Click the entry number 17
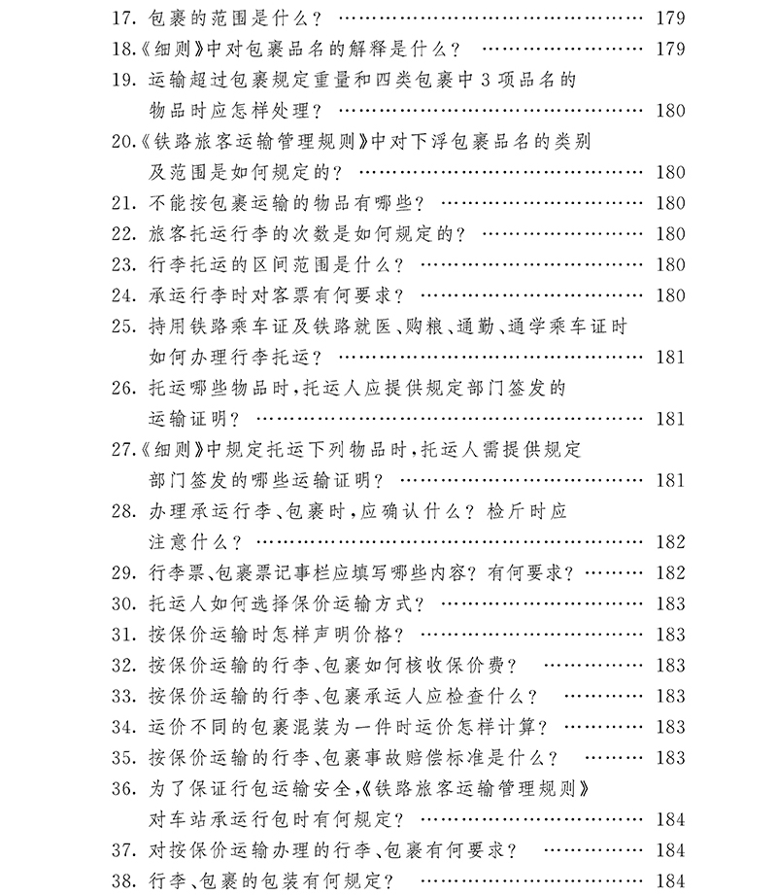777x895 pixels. coord(125,17)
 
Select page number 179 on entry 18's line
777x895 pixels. coord(668,49)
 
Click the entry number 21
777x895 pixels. coord(125,204)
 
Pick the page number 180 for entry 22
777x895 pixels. coord(668,234)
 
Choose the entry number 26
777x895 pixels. coord(125,388)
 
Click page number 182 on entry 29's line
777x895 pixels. coord(668,572)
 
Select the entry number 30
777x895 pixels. coord(125,603)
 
